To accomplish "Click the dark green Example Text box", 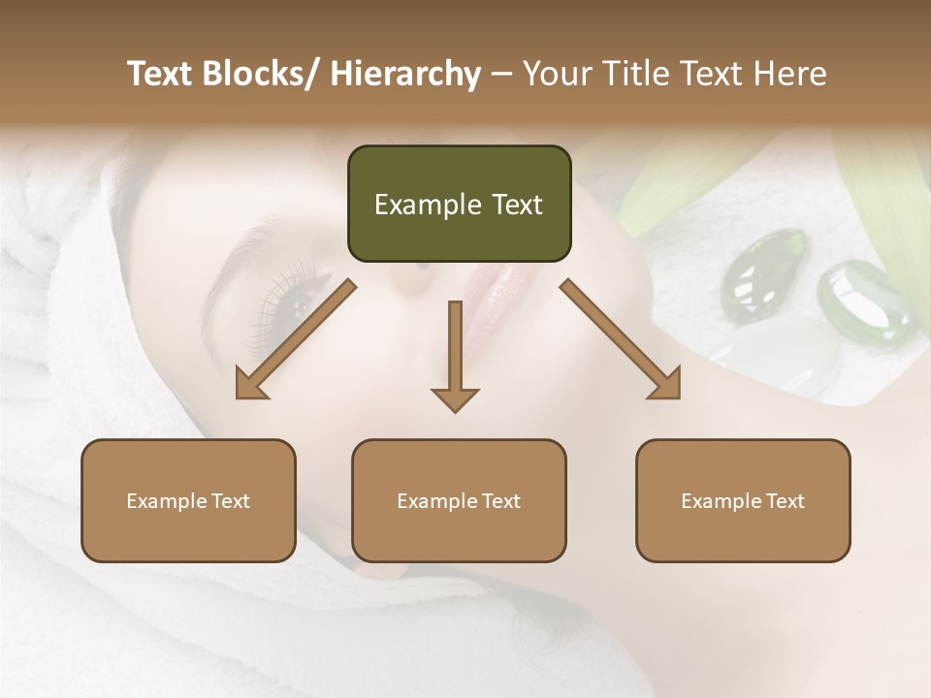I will click(459, 205).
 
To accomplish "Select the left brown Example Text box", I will click(188, 501).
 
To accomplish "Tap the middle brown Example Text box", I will click(459, 501).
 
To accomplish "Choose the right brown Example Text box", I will click(743, 501).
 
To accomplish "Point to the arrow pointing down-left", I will click(296, 339).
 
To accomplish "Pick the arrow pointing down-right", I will click(621, 339).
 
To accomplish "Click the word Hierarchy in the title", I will click(405, 74).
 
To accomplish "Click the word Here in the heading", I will click(789, 74).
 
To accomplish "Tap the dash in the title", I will click(501, 74).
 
